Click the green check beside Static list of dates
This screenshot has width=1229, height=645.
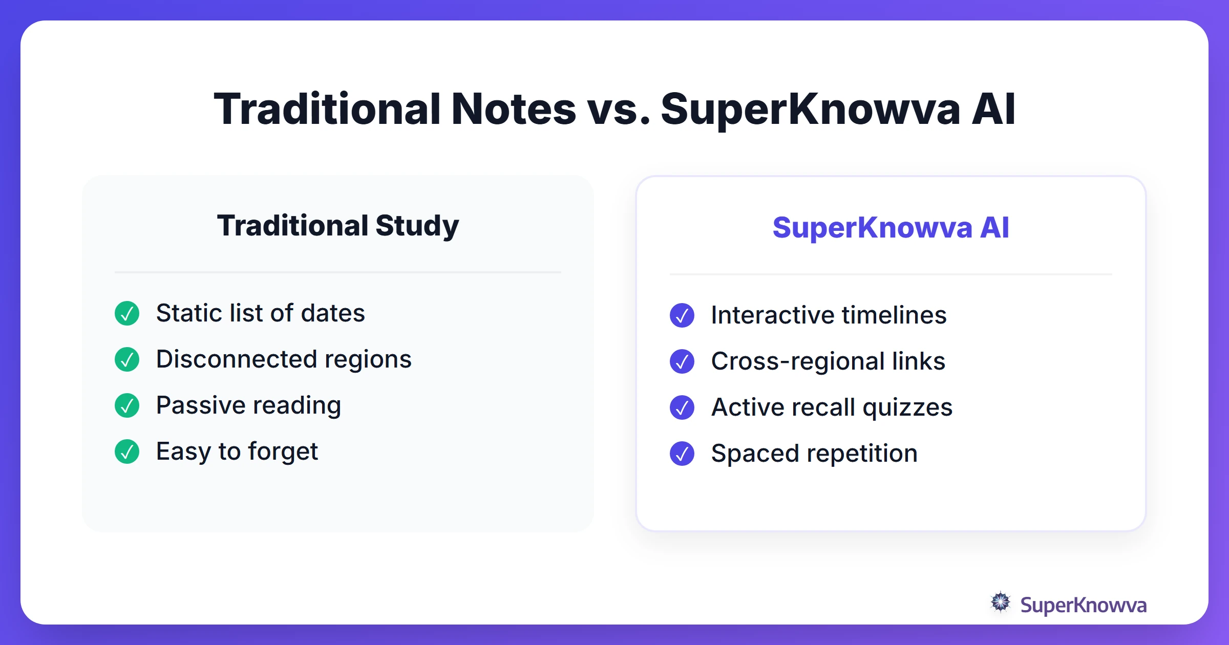[x=127, y=313]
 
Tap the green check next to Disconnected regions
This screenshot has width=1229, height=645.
[x=127, y=359]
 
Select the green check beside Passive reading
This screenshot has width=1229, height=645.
[x=127, y=405]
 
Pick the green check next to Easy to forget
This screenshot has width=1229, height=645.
[x=127, y=451]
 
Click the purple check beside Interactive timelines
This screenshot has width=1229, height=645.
[x=682, y=315]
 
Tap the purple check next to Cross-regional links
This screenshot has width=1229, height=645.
[x=682, y=361]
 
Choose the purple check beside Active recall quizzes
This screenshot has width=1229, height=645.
[x=682, y=407]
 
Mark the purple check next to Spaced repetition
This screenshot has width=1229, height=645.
[x=682, y=454]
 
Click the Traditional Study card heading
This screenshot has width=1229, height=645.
[x=338, y=226]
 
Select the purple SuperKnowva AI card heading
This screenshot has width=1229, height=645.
[x=891, y=228]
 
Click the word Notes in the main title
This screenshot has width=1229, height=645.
[x=514, y=109]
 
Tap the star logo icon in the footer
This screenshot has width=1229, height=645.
[x=1001, y=603]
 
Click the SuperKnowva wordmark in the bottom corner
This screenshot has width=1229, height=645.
[x=1083, y=605]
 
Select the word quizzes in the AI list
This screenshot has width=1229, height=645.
[x=907, y=408]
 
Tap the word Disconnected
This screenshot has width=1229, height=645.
[x=236, y=359]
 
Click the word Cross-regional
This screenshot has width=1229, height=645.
[x=797, y=361]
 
